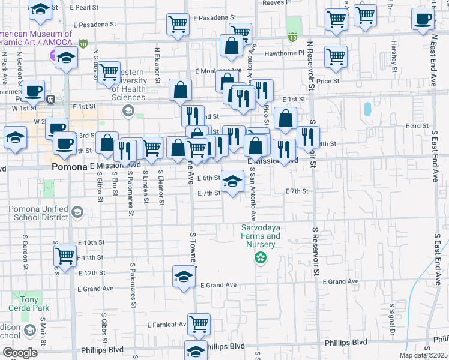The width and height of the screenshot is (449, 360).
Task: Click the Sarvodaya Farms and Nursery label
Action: tap(261, 236)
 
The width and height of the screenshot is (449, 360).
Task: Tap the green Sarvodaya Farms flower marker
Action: tap(261, 259)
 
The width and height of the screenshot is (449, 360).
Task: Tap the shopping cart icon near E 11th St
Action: tap(65, 256)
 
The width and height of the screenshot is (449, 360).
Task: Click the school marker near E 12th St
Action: tap(184, 276)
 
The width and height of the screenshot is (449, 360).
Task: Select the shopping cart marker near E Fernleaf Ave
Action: tap(199, 323)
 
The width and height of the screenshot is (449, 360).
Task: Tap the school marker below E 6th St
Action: tap(233, 181)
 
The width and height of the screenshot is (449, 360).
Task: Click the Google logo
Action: tap(20, 352)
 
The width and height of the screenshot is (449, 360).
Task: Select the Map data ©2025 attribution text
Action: tap(423, 355)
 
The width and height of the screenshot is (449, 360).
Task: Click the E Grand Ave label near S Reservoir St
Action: tap(340, 281)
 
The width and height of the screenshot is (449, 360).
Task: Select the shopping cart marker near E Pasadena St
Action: tap(178, 25)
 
